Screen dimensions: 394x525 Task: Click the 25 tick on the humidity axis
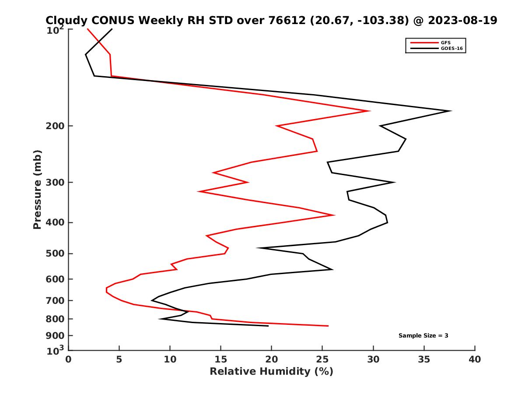(322, 359)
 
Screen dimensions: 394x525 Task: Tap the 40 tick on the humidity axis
(475, 359)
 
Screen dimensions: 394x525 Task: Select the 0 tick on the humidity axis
(69, 359)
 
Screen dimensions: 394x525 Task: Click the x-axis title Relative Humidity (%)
(271, 372)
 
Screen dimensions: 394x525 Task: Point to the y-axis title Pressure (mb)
(37, 189)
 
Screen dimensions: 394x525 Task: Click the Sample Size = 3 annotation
(423, 336)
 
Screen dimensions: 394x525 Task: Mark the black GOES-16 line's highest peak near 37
(451, 111)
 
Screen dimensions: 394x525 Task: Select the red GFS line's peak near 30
(370, 111)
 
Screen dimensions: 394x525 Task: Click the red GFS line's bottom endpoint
(328, 326)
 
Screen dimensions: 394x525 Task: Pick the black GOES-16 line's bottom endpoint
(268, 326)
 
